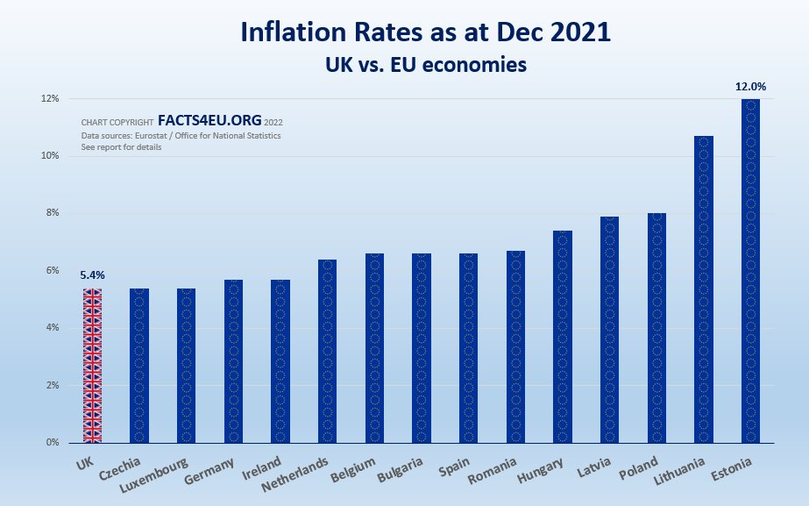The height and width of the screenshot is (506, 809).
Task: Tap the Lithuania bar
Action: pos(704,289)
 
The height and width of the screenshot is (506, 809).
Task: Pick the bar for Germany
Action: pos(233,360)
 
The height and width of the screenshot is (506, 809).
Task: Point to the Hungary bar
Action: pos(563,337)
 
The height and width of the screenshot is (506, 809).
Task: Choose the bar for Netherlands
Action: pos(327,351)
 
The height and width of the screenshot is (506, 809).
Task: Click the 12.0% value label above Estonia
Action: pos(751,87)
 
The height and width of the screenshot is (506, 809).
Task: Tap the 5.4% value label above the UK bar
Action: pos(91,275)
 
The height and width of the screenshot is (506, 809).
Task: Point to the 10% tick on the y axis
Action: pos(48,156)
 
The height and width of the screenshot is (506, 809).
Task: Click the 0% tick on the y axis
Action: pos(51,443)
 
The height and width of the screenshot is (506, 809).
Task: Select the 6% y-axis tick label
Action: pos(51,271)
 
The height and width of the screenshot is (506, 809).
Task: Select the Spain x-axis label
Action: pos(461,464)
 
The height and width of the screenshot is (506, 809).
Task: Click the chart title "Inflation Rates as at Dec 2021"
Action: pos(426,33)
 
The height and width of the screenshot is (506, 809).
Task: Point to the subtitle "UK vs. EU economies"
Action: pos(426,65)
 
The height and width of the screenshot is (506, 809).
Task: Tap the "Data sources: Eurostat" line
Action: pos(181,136)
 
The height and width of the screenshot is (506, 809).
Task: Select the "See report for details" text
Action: pos(121,147)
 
